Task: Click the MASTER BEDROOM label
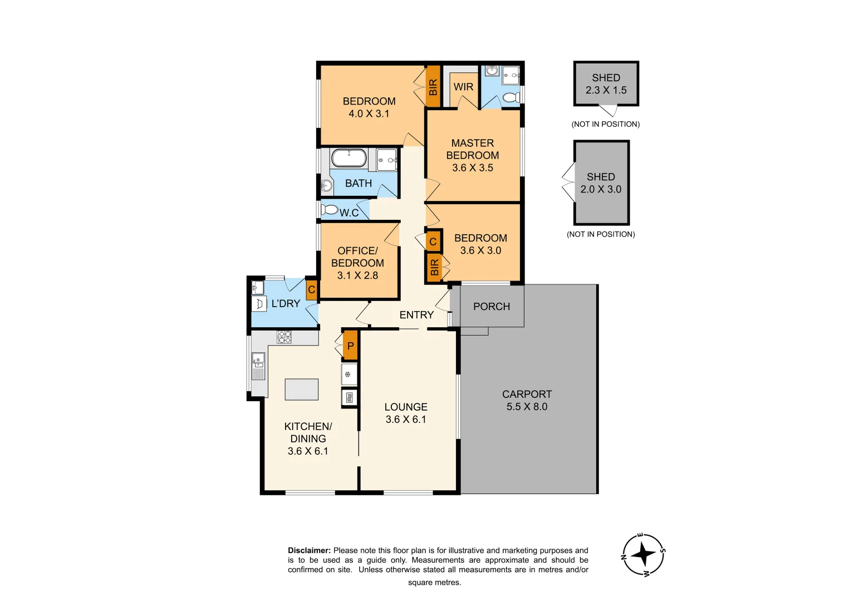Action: coord(472,149)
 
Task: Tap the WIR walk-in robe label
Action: coord(463,87)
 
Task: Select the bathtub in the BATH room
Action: coord(349,157)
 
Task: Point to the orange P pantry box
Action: coord(350,346)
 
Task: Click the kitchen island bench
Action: coord(302,390)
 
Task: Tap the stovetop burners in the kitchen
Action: coord(284,337)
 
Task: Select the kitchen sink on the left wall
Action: coord(258,366)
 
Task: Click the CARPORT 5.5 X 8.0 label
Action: coord(527,400)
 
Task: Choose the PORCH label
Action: coord(492,307)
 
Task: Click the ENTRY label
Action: coord(416,315)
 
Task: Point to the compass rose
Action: coord(644,555)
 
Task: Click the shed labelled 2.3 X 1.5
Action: coord(606,84)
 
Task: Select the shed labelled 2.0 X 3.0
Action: coord(601,183)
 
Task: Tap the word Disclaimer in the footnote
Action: coord(309,550)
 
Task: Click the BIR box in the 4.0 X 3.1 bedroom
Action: coord(433,87)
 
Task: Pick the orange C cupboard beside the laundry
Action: coord(312,289)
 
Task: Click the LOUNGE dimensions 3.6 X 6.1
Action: coord(406,420)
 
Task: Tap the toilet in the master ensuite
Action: coord(511,98)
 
